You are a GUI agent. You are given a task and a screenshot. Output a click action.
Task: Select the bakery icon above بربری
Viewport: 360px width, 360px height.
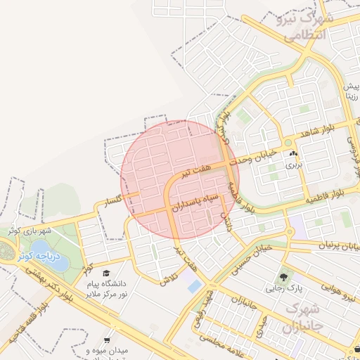292,154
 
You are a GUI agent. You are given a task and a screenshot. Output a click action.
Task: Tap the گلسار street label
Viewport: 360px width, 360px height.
112,202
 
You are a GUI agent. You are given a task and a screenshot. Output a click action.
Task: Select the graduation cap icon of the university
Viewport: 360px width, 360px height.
106,274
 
